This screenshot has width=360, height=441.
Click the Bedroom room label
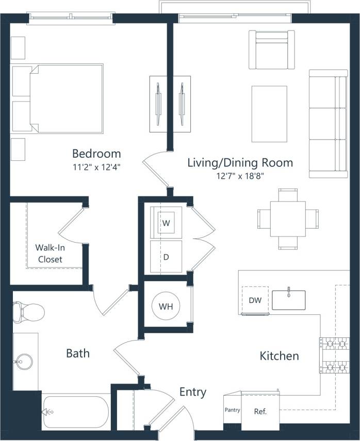(96, 154)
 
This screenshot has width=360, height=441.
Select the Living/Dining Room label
(240, 163)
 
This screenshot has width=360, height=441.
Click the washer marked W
(166, 223)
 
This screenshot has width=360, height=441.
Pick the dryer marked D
(166, 256)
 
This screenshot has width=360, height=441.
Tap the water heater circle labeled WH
(166, 307)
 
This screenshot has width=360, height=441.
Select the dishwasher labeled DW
(255, 300)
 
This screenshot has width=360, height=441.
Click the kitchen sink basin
(288, 300)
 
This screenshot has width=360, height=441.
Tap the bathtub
(76, 411)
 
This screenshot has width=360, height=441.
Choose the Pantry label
(232, 411)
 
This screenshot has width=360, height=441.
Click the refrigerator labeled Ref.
(260, 412)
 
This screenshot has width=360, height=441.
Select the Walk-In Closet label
(50, 253)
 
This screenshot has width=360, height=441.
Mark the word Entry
(192, 392)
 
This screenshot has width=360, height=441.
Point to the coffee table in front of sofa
(269, 113)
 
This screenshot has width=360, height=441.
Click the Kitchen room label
(279, 356)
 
